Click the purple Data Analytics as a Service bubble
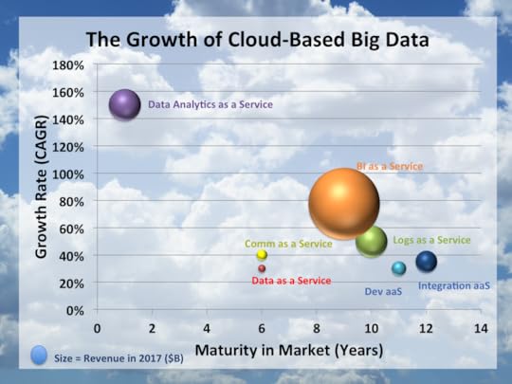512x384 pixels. (x=125, y=104)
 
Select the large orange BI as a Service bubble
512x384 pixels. (x=343, y=203)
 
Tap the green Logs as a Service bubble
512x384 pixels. (x=371, y=241)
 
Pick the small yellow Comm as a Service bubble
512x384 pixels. (x=262, y=255)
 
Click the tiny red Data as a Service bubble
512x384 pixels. (x=262, y=268)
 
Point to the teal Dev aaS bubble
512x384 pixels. (x=399, y=268)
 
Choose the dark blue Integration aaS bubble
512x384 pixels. (x=427, y=262)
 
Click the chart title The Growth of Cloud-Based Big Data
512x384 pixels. (x=256, y=40)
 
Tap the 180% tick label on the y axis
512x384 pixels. (x=69, y=65)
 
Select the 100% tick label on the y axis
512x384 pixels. (x=69, y=174)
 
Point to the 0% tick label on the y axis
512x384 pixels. (x=76, y=311)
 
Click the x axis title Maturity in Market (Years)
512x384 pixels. (x=289, y=351)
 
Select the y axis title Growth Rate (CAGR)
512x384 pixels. (x=42, y=188)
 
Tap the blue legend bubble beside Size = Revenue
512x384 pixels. (x=38, y=355)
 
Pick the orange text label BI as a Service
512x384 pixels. (x=389, y=166)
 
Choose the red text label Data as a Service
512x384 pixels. (x=292, y=281)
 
